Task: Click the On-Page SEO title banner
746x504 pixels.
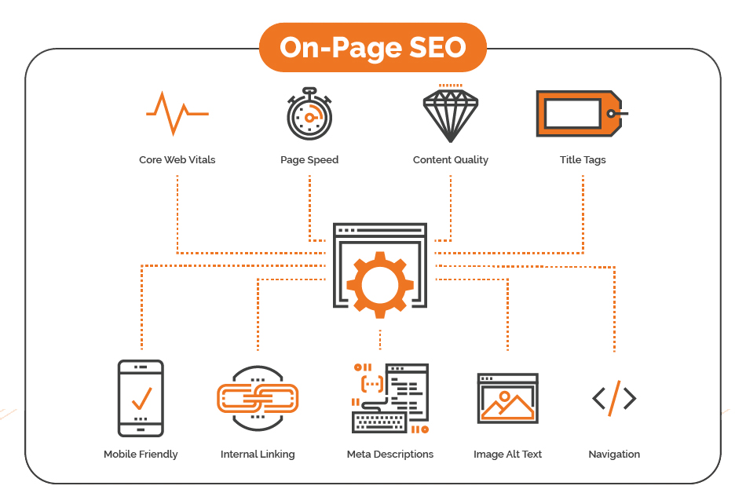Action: (372, 47)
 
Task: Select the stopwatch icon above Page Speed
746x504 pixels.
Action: (309, 114)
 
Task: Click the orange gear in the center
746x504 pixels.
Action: (379, 285)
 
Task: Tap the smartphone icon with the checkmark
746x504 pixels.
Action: (141, 399)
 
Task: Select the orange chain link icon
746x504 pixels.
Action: (258, 399)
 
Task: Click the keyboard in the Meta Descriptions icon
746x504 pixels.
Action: (379, 422)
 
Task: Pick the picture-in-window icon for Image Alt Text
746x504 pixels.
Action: (507, 398)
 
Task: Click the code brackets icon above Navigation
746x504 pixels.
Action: (614, 399)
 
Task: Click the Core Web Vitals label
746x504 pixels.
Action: (177, 160)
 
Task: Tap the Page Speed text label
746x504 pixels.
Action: (309, 160)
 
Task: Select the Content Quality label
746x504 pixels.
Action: (451, 160)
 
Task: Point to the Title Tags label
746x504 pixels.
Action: (583, 160)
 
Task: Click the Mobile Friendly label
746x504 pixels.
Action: (141, 455)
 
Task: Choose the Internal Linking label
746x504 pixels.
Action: (258, 455)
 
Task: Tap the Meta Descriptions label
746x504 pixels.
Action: (390, 455)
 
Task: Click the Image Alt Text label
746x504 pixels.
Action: (507, 455)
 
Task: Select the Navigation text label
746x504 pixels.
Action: (614, 455)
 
